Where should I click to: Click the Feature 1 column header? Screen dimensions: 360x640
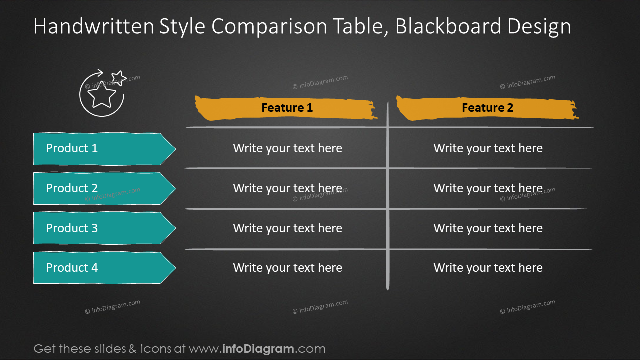pyautogui.click(x=287, y=108)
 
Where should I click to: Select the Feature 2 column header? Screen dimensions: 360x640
pyautogui.click(x=487, y=108)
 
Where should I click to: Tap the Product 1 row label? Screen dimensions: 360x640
pyautogui.click(x=72, y=148)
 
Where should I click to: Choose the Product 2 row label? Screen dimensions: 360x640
pyautogui.click(x=72, y=188)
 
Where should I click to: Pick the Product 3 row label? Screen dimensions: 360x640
pyautogui.click(x=72, y=228)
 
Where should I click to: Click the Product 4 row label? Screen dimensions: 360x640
pyautogui.click(x=72, y=268)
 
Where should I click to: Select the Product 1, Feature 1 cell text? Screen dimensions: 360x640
pyautogui.click(x=287, y=148)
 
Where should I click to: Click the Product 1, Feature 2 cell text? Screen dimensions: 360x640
pyautogui.click(x=488, y=148)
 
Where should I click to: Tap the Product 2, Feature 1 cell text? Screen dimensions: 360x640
pyautogui.click(x=287, y=188)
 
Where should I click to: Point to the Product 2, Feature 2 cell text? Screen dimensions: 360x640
pyautogui.click(x=488, y=188)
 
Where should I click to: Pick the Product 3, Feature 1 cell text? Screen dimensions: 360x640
pyautogui.click(x=287, y=228)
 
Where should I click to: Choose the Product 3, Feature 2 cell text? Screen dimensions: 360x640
pyautogui.click(x=488, y=228)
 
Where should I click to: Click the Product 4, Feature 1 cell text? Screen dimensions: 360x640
pyautogui.click(x=287, y=268)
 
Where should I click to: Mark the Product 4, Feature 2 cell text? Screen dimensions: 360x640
pyautogui.click(x=488, y=268)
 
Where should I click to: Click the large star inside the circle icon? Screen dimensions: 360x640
pyautogui.click(x=103, y=96)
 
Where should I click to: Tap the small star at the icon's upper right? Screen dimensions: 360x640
pyautogui.click(x=118, y=77)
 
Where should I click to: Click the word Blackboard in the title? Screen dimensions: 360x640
pyautogui.click(x=446, y=26)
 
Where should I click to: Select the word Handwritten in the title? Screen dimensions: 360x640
pyautogui.click(x=93, y=26)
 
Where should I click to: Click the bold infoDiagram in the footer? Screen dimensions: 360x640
pyautogui.click(x=258, y=349)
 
